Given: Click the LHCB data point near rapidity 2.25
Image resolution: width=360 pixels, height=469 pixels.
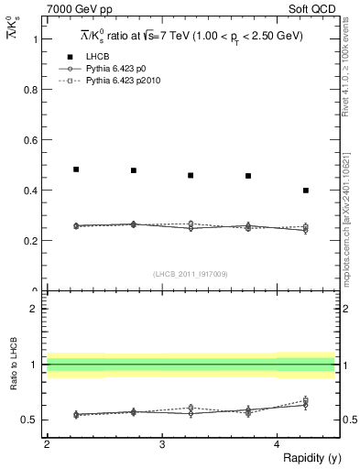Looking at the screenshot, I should coord(76,169).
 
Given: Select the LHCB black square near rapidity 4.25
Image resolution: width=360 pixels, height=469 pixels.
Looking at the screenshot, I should coord(305,191).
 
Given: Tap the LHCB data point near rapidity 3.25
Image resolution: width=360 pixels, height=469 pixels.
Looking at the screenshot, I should coord(191,175).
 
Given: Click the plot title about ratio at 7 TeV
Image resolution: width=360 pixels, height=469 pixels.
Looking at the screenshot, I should coord(191,36).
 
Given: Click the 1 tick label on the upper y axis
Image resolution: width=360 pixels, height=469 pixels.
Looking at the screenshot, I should coord(38,39).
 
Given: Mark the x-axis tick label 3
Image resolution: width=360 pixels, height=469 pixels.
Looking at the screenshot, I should coord(162,444).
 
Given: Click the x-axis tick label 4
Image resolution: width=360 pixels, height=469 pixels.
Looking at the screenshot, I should coord(278,444).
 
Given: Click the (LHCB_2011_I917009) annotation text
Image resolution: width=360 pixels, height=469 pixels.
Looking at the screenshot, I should coord(191,274).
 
